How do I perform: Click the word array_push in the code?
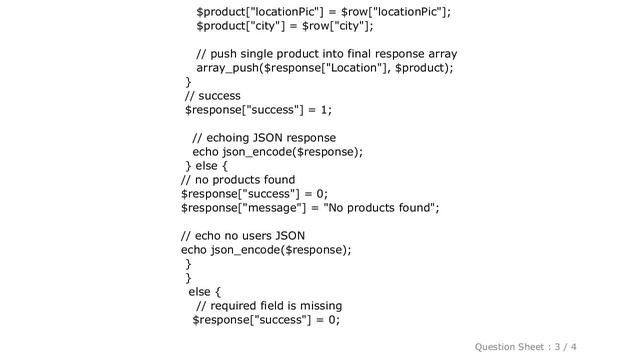pyautogui.click(x=230, y=68)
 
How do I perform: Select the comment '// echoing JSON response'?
pyautogui.click(x=263, y=138)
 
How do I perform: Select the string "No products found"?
pyautogui.click(x=381, y=208)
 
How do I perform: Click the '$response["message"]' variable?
pyautogui.click(x=243, y=208)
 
